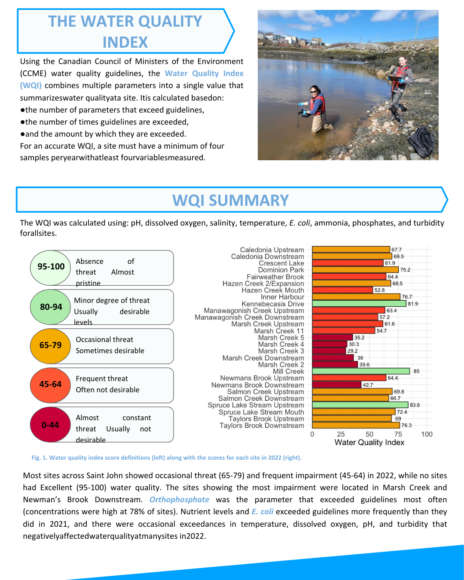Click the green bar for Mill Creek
pyautogui.click(x=361, y=371)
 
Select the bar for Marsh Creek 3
pyautogui.click(x=329, y=351)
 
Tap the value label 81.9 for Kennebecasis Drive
pyautogui.click(x=413, y=304)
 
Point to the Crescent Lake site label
pyautogui.click(x=281, y=263)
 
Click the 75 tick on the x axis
pyautogui.click(x=398, y=434)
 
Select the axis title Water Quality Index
pyautogui.click(x=369, y=443)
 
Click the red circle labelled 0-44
pyautogui.click(x=50, y=425)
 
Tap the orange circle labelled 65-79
pyautogui.click(x=50, y=345)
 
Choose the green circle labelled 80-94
pyautogui.click(x=51, y=307)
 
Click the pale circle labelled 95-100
pyautogui.click(x=51, y=267)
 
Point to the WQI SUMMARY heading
pyautogui.click(x=231, y=200)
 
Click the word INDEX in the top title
pyautogui.click(x=125, y=43)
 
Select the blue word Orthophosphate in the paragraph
pyautogui.click(x=179, y=500)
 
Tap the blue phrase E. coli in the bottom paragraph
pyautogui.click(x=263, y=512)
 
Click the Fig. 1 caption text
pyautogui.click(x=166, y=458)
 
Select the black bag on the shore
pyautogui.click(x=421, y=142)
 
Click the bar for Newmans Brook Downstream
pyautogui.click(x=336, y=385)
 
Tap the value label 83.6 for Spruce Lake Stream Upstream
pyautogui.click(x=415, y=405)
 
